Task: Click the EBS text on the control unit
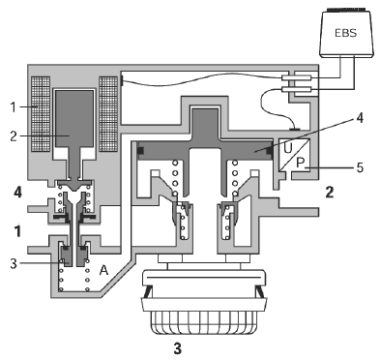pyautogui.click(x=346, y=33)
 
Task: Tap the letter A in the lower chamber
pyautogui.click(x=103, y=270)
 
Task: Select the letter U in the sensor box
pyautogui.click(x=288, y=148)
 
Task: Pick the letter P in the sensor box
pyautogui.click(x=301, y=164)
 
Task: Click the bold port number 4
pyautogui.click(x=18, y=193)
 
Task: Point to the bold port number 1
pyautogui.click(x=18, y=231)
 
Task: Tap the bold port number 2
pyautogui.click(x=330, y=193)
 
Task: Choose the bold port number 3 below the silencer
pyautogui.click(x=178, y=348)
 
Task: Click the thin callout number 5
pyautogui.click(x=360, y=167)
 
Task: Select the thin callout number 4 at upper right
pyautogui.click(x=360, y=118)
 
